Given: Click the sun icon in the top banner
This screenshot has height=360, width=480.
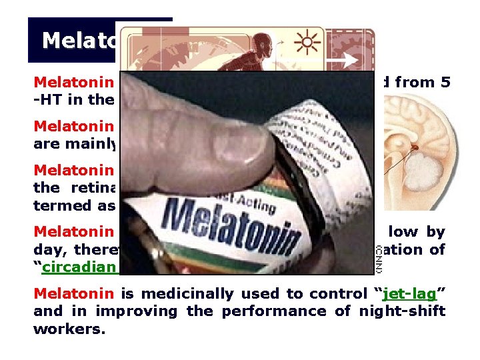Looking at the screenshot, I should coord(307,44).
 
